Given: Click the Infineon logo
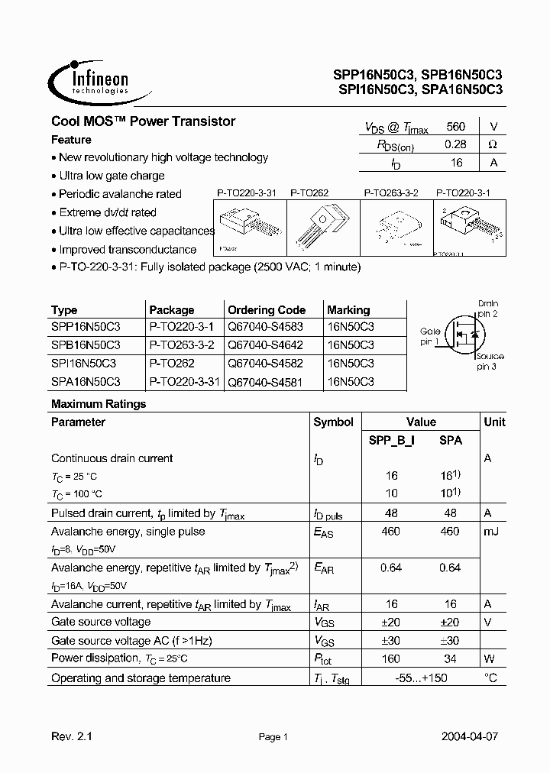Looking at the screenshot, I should pos(89,80).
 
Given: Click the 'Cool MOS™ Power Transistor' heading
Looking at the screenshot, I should pos(143,121).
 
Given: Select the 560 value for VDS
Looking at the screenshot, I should pos(455,127).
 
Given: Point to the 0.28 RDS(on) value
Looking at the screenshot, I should pos(455,144).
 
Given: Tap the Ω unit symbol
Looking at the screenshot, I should pos(492,144).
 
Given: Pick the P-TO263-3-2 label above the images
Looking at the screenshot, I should pos(391,194).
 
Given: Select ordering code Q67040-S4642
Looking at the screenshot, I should pos(266,344).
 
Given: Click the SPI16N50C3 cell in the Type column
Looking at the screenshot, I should pos(85,363).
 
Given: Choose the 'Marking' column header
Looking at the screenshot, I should pos(348,310).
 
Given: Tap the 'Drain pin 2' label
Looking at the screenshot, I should pos(487,309).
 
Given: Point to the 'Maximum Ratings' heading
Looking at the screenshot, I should pos(99,404).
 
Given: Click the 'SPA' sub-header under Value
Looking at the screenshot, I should pos(451,441).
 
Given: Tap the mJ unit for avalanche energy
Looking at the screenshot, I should pos(491,531).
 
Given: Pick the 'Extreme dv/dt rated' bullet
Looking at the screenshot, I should pos(107,212).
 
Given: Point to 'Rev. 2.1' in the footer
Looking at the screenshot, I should pos(71,737).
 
